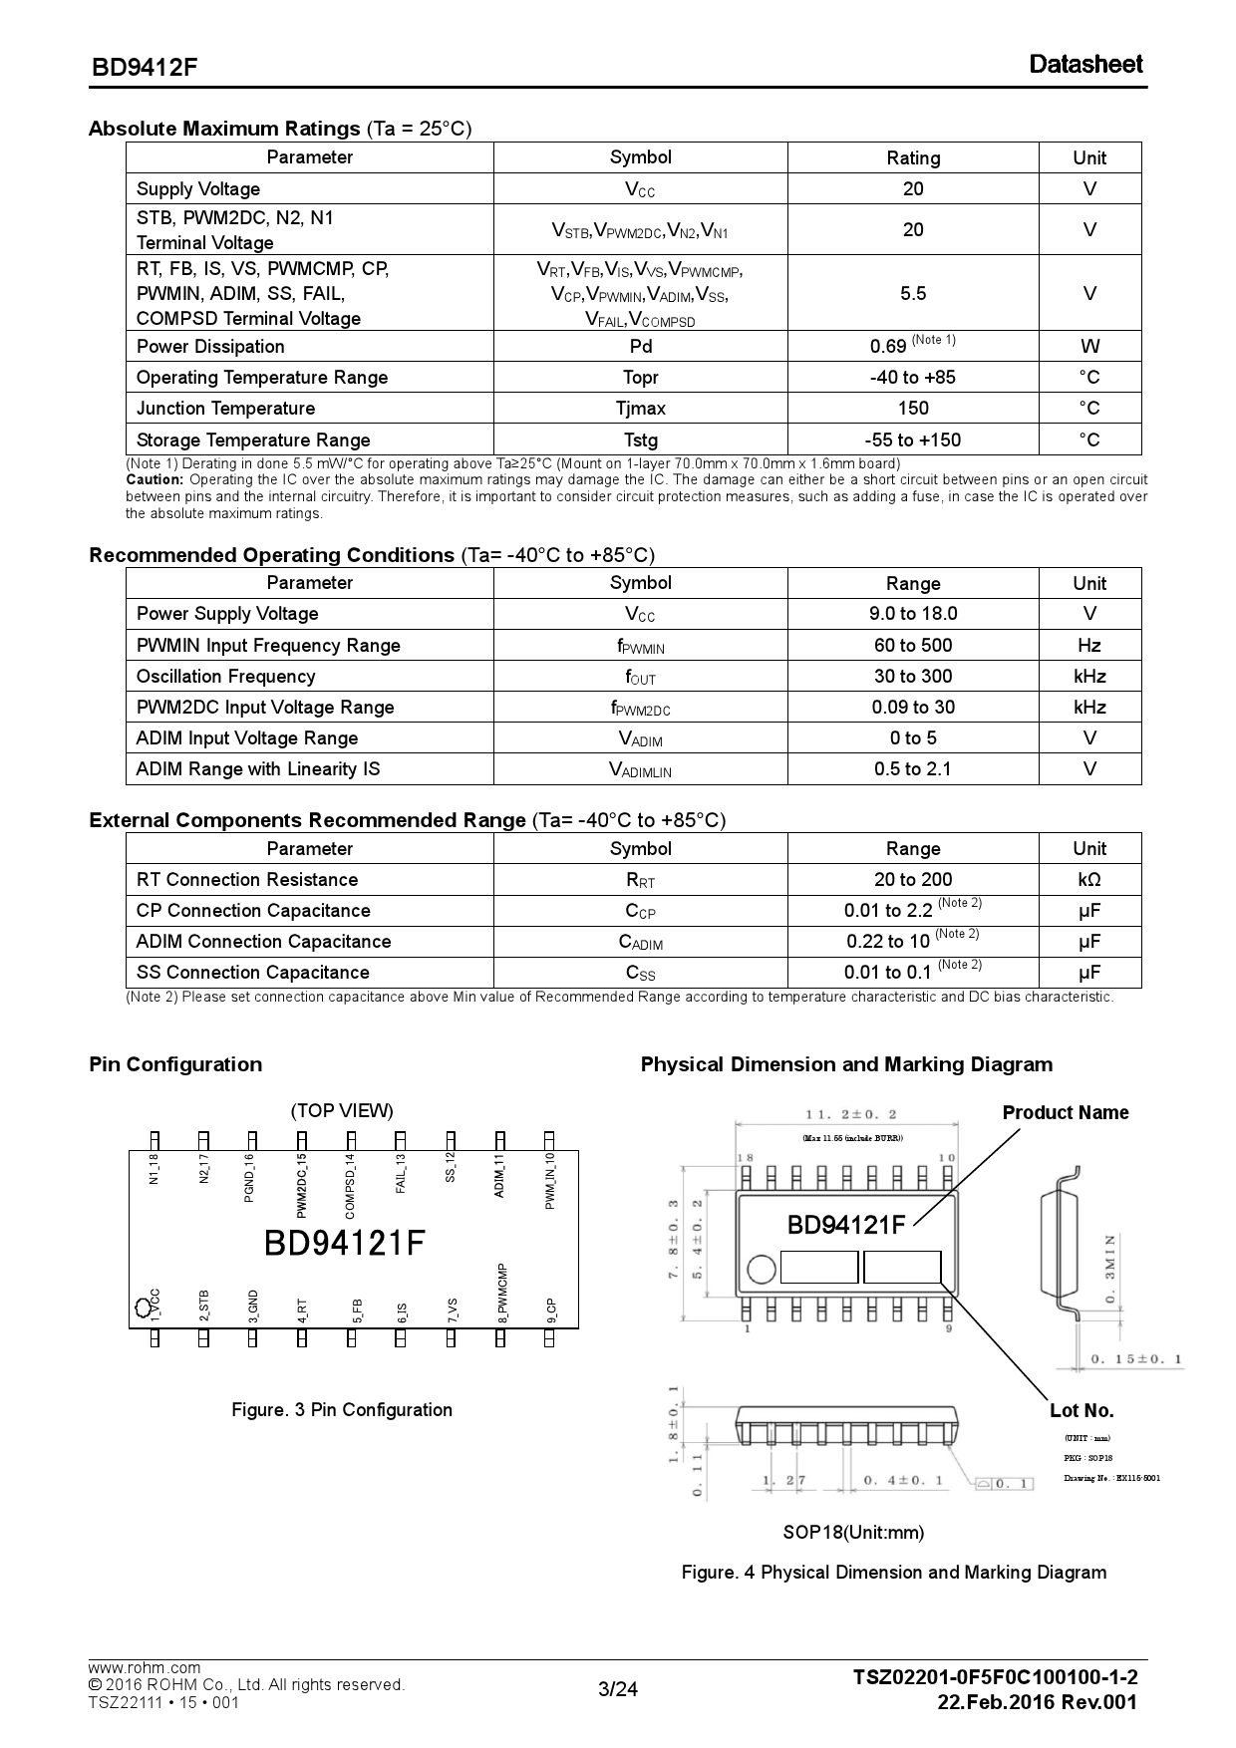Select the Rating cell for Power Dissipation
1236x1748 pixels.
[912, 346]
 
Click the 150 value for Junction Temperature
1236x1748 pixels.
[912, 409]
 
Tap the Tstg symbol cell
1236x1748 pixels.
[640, 440]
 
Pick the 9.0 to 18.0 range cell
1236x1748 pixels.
[912, 614]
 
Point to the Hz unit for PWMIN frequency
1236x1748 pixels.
[1088, 646]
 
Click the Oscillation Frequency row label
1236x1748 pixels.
[225, 677]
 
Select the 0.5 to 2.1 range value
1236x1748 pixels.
[912, 769]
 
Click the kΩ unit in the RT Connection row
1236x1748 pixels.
[1088, 880]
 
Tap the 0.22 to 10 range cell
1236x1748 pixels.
[912, 941]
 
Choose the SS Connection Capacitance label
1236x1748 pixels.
[252, 973]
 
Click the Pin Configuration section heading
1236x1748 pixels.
[175, 1064]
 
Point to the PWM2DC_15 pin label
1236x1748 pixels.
[302, 1185]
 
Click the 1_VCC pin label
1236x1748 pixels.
[154, 1306]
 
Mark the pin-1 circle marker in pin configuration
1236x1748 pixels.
[142, 1307]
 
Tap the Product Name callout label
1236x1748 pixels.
[1065, 1113]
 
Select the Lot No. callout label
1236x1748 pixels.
[1081, 1411]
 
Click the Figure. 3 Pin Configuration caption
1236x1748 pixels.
[342, 1410]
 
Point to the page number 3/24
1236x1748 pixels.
[617, 1689]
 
